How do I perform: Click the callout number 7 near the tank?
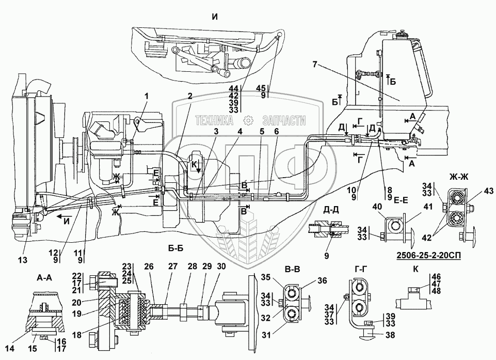coord(315,64)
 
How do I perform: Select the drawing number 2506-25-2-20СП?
coord(428,255)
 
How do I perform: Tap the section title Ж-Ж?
coord(458,177)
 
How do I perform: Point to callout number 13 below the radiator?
coord(23,260)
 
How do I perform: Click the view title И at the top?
coord(215,17)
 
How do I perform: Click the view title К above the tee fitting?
coord(415,269)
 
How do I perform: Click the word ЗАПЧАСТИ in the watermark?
coord(284,121)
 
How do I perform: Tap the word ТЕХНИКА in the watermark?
coord(215,121)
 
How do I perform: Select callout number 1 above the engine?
coord(147,96)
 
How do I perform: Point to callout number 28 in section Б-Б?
coord(191,267)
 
